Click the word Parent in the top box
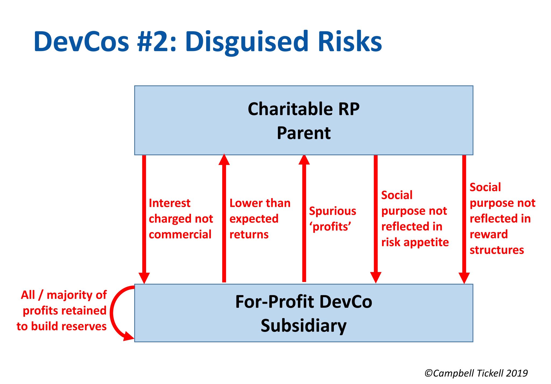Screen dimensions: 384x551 coord(303,133)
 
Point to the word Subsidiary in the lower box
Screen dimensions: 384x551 coord(303,326)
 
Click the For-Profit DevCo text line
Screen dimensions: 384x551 coord(303,302)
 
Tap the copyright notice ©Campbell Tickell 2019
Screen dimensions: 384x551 coord(476,373)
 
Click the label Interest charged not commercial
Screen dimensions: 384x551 coord(181,219)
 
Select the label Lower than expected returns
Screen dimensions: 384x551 coord(259,219)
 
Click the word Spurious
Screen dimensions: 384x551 coord(332,211)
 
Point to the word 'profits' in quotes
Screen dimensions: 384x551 coord(330,227)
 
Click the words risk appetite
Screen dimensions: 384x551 coord(415,242)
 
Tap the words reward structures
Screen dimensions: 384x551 coord(496,242)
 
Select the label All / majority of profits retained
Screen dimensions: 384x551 coord(64,303)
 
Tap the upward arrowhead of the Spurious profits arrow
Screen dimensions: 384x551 coord(304,160)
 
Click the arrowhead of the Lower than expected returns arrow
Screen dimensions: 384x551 coord(224,160)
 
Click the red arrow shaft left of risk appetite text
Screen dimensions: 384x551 coord(376,215)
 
